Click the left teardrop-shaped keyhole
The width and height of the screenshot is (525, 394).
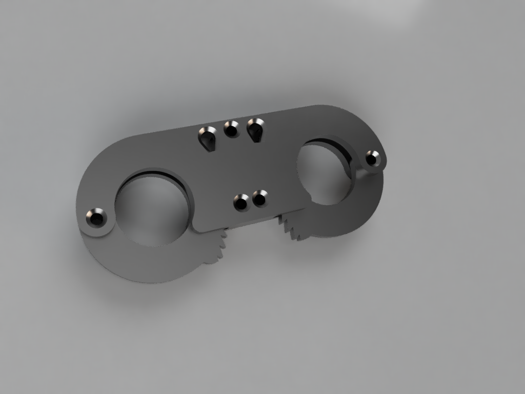coord(208,139)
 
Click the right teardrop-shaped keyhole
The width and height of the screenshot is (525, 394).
coord(255,130)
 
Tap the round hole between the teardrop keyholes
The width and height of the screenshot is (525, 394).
coord(232,129)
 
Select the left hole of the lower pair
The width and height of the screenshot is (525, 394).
coord(241,203)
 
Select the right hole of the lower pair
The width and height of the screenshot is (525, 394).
coord(260,198)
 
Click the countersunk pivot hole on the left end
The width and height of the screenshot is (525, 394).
coord(96,219)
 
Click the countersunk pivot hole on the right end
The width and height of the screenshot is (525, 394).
coord(372,158)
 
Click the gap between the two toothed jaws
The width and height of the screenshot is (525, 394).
coord(254,236)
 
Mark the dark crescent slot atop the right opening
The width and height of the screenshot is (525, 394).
coord(328,142)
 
